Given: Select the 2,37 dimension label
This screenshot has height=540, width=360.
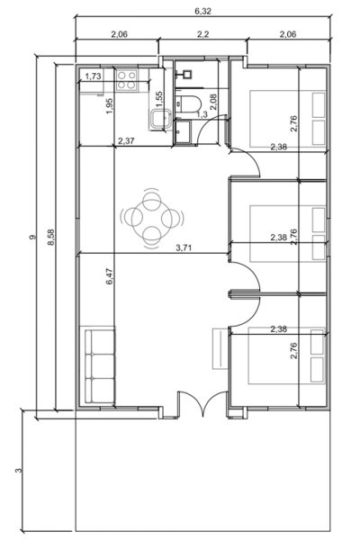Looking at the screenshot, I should pyautogui.click(x=128, y=141).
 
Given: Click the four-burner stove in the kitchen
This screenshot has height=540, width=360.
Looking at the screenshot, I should pyautogui.click(x=126, y=79).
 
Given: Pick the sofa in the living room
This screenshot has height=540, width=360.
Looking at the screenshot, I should pyautogui.click(x=100, y=366).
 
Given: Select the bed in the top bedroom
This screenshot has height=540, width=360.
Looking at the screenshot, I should pyautogui.click(x=285, y=118).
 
